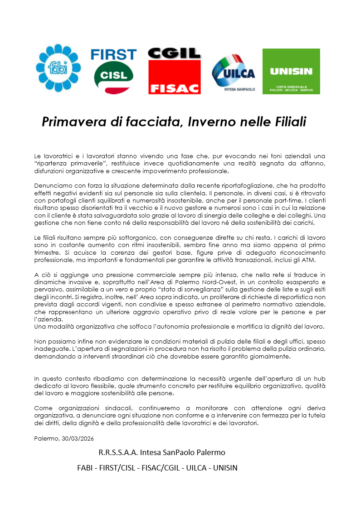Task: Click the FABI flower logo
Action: [58, 68]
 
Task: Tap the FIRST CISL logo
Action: [113, 71]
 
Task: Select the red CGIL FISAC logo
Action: [174, 71]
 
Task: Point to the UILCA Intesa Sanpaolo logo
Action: [234, 73]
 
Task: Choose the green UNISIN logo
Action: [291, 71]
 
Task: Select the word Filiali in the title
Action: [286, 122]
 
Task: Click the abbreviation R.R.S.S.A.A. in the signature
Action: [118, 452]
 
